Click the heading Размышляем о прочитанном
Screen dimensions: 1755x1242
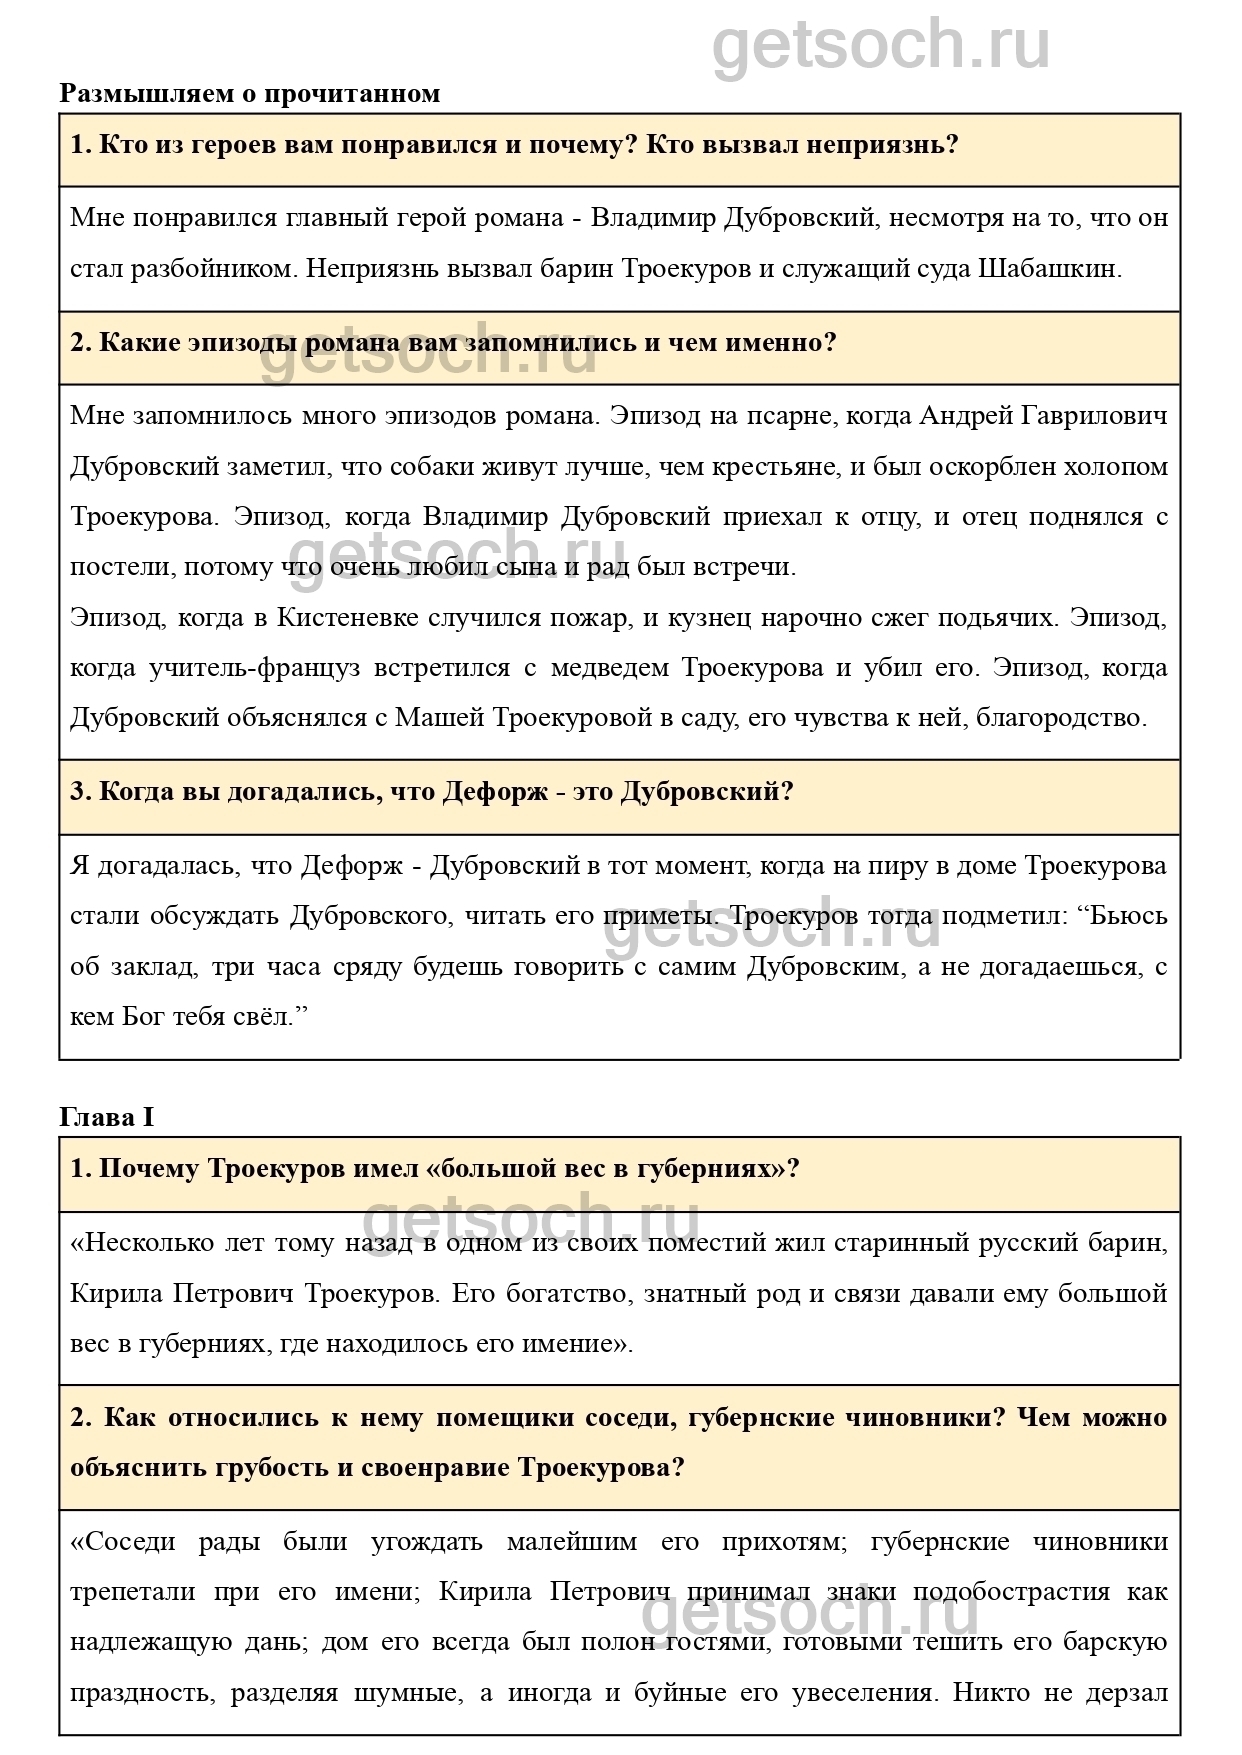pos(250,94)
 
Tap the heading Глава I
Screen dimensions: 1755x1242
pos(107,1117)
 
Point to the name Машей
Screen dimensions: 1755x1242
pos(439,717)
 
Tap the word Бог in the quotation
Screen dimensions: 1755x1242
pos(141,1017)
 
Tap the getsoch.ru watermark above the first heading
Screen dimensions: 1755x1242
pos(880,45)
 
